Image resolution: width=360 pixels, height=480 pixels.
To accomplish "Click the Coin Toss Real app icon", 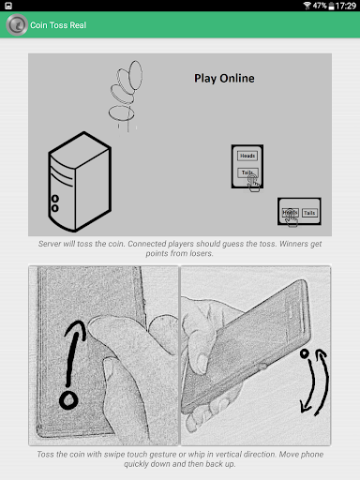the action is pos(17,25).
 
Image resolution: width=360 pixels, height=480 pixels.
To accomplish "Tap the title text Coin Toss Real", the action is pos(58,25).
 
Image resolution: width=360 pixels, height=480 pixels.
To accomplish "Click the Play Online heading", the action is pos(224,78).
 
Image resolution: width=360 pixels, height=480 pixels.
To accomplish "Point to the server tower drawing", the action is pos(80,182).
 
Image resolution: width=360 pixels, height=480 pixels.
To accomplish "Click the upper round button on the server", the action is pos(55,199).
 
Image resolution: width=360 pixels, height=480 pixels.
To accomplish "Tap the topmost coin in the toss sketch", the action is pos(136,75).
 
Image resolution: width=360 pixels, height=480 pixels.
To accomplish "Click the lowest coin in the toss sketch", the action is pos(121,113).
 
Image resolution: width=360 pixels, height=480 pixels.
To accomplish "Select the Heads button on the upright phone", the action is pos(247,156).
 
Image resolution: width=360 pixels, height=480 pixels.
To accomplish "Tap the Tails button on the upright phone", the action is pos(247,172).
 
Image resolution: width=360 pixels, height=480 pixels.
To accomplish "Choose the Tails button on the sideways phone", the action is pos(309,213).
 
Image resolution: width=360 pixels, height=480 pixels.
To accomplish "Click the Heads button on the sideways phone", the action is pos(290,213).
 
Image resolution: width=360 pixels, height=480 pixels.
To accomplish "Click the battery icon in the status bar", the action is pos(331,6).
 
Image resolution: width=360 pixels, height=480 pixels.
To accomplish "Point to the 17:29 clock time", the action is pos(346,6).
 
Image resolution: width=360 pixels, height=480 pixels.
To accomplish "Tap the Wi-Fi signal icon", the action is pos(307,6).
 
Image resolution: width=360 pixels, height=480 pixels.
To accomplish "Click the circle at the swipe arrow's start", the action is pos(68,400).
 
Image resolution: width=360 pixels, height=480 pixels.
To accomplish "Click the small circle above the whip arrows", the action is pos(304,353).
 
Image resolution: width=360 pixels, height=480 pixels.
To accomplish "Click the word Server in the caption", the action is pos(50,244).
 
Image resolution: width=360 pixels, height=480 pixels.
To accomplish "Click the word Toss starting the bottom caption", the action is pos(45,455).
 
